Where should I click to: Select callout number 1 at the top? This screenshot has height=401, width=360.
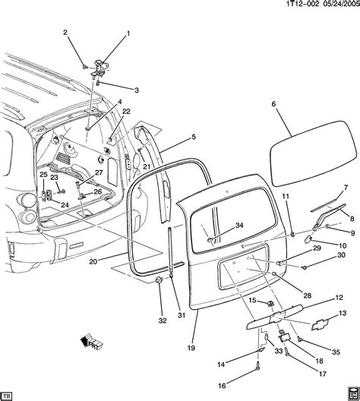coord(128,33)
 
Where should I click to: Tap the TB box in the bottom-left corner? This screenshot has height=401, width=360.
coord(8,394)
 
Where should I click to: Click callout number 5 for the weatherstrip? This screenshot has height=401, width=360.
coord(193,137)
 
